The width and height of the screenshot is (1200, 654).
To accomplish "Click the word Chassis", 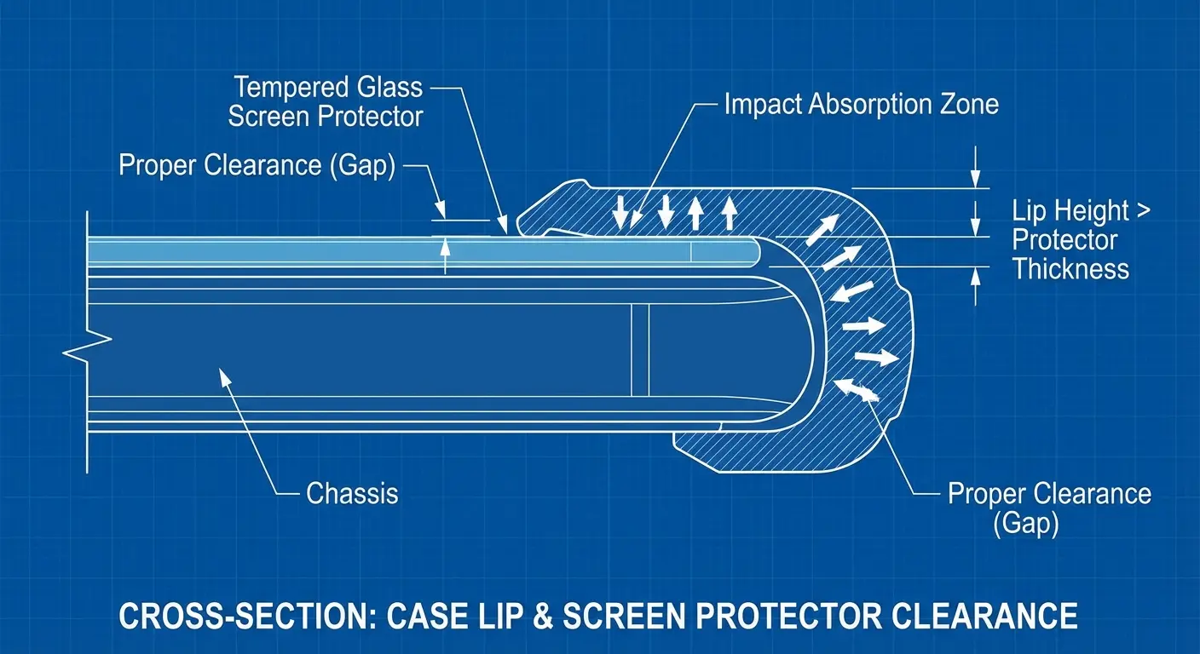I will click(351, 493).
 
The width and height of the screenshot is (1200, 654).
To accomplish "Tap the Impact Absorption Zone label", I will click(861, 105).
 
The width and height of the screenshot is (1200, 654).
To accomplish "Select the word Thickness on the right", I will click(1070, 269).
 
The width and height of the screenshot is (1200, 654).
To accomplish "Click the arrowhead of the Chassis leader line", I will click(224, 375).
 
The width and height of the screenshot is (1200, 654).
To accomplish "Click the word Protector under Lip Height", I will click(1064, 240).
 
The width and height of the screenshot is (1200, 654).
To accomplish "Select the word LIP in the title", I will click(548, 614).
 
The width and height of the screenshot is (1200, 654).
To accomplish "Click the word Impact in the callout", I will click(762, 105).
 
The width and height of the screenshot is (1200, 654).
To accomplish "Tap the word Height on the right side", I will click(1094, 210).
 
